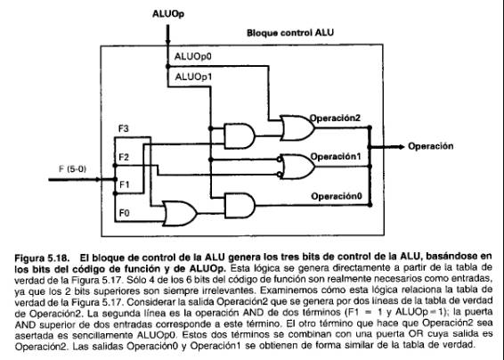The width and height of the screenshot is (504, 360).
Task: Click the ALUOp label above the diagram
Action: click(168, 14)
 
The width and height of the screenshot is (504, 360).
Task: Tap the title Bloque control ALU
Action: click(290, 33)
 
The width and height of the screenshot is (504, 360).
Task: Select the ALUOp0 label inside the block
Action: click(193, 57)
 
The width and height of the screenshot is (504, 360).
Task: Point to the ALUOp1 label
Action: click(193, 78)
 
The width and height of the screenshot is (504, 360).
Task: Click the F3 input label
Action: click(124, 128)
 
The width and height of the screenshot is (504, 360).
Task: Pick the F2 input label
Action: click(124, 157)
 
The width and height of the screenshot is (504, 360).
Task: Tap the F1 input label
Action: click(124, 184)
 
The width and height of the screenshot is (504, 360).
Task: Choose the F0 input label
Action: click(124, 213)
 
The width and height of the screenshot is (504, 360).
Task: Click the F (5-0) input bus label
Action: click(73, 168)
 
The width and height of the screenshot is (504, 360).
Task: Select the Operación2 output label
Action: click(335, 119)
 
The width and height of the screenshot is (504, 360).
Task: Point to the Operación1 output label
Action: click(336, 157)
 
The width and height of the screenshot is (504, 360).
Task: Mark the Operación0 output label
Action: click(337, 196)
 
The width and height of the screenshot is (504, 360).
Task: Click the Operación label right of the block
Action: click(431, 146)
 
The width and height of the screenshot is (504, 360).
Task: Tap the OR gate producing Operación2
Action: click(297, 127)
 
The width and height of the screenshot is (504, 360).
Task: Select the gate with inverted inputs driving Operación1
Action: click(296, 167)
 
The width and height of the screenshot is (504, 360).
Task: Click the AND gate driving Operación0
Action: click(240, 206)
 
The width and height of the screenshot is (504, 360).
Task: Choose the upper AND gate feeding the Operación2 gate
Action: click(240, 135)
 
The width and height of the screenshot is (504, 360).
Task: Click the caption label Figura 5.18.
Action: click(42, 258)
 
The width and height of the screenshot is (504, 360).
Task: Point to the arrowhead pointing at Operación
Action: click(402, 147)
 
